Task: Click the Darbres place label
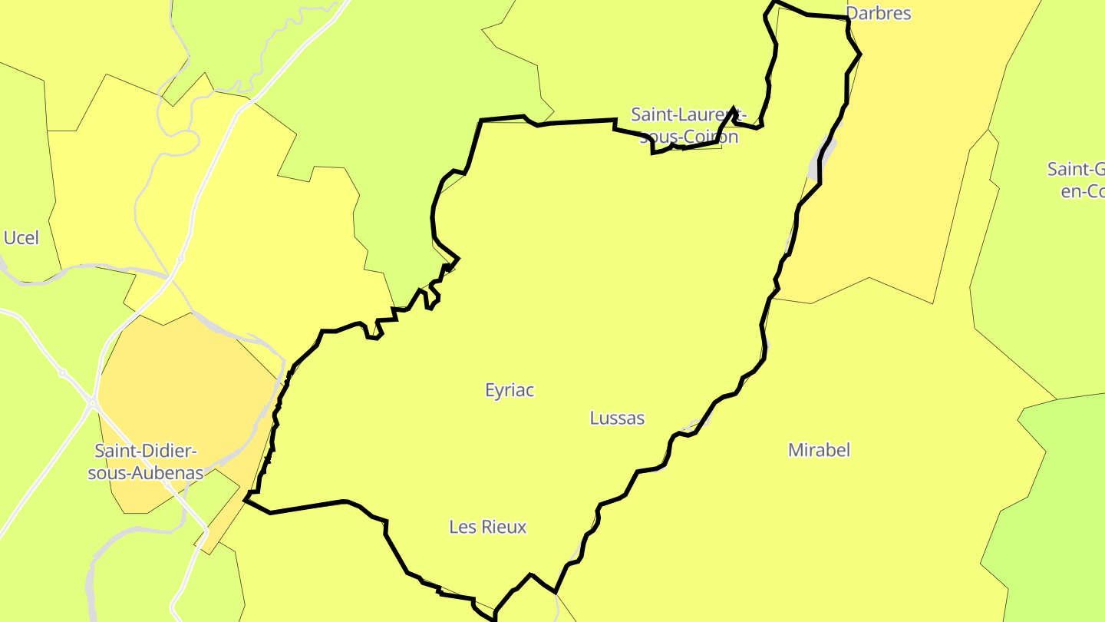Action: point(879,13)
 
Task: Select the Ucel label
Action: point(21,238)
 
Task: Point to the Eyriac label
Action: point(510,390)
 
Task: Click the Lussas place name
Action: point(617,418)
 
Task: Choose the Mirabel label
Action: point(819,450)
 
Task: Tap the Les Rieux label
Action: point(488,527)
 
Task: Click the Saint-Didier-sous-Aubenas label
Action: point(145,462)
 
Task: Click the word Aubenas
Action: point(166,473)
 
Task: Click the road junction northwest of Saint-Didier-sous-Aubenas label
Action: point(93,402)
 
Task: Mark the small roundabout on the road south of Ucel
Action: point(63,373)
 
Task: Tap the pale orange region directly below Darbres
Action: point(905,154)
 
